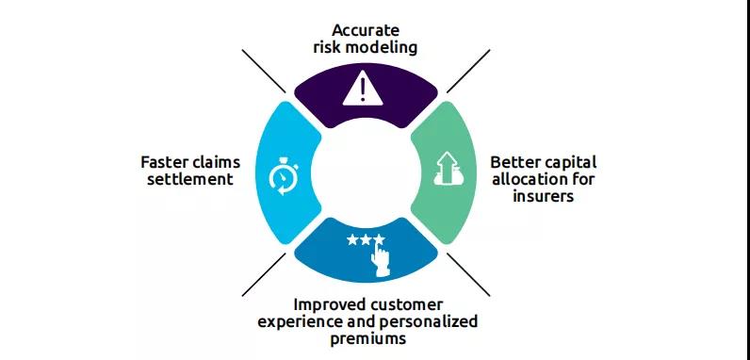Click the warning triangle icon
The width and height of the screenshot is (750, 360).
tap(363, 89)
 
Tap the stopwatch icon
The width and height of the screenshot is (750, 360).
tap(284, 176)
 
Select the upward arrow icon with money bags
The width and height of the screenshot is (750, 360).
tap(447, 169)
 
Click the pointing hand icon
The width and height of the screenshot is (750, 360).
tap(381, 260)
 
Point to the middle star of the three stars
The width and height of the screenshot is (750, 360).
tap(366, 239)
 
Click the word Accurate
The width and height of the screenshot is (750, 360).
tap(366, 30)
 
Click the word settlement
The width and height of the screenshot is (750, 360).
tap(190, 179)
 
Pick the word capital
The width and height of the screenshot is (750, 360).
tap(570, 163)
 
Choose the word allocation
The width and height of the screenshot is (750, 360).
tap(530, 179)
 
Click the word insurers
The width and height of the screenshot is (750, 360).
tap(543, 196)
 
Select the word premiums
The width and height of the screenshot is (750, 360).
tap(367, 339)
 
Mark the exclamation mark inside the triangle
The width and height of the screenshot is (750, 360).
tap(363, 90)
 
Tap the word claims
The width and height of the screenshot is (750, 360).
tap(215, 162)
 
